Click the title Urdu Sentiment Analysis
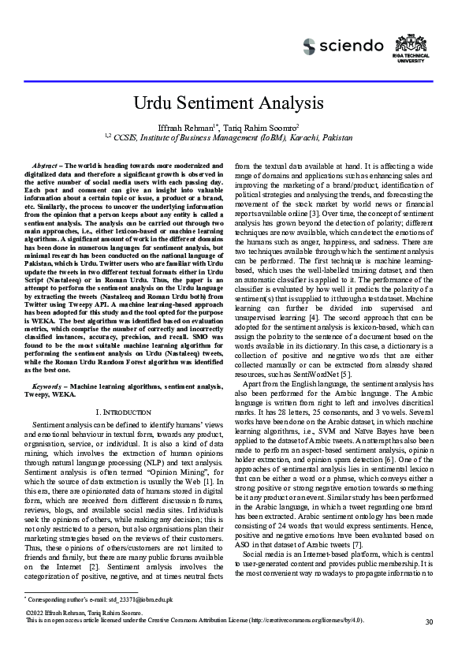[x=234, y=103]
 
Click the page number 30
[x=429, y=622]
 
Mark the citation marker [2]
[x=95, y=566]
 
